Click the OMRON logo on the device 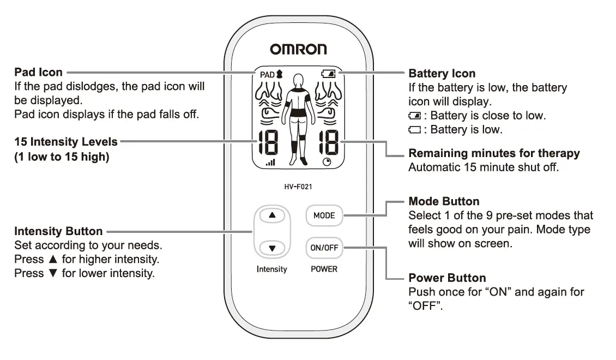[x=298, y=50]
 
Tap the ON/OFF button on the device [x=324, y=247]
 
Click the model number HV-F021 [x=298, y=187]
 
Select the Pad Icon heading [x=38, y=72]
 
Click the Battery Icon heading [x=442, y=73]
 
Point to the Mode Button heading [x=444, y=201]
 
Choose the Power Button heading [x=447, y=278]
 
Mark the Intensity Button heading [x=58, y=231]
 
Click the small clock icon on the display [x=327, y=162]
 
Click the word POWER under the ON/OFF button [x=324, y=269]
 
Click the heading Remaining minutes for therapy [x=494, y=153]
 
